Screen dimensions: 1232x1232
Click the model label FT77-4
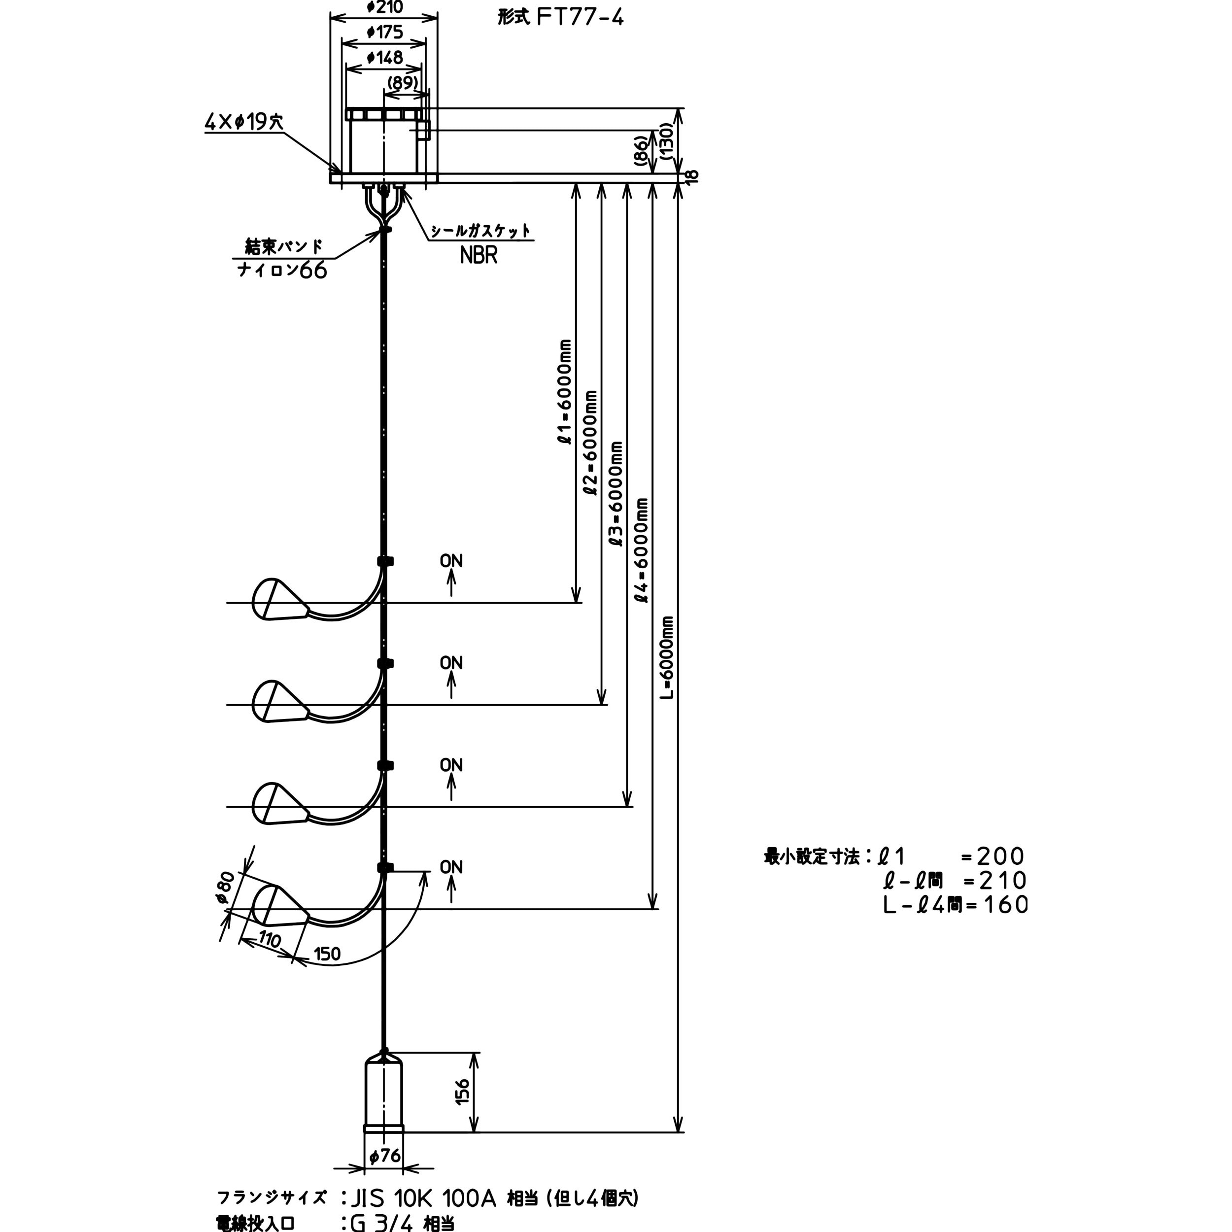(x=580, y=17)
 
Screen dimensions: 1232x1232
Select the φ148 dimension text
(x=385, y=57)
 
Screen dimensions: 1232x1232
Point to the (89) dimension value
(x=403, y=83)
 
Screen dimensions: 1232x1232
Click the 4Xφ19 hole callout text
(x=243, y=122)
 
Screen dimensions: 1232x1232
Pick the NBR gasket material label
(x=478, y=255)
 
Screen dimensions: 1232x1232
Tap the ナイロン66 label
(x=282, y=271)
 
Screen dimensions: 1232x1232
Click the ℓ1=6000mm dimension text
(x=564, y=392)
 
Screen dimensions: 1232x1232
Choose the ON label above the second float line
(x=451, y=663)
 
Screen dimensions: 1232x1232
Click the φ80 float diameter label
(x=226, y=887)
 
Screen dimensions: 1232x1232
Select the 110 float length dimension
(x=269, y=939)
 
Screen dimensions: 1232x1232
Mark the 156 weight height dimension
(x=463, y=1091)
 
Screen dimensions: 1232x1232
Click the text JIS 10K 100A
(x=423, y=1198)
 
